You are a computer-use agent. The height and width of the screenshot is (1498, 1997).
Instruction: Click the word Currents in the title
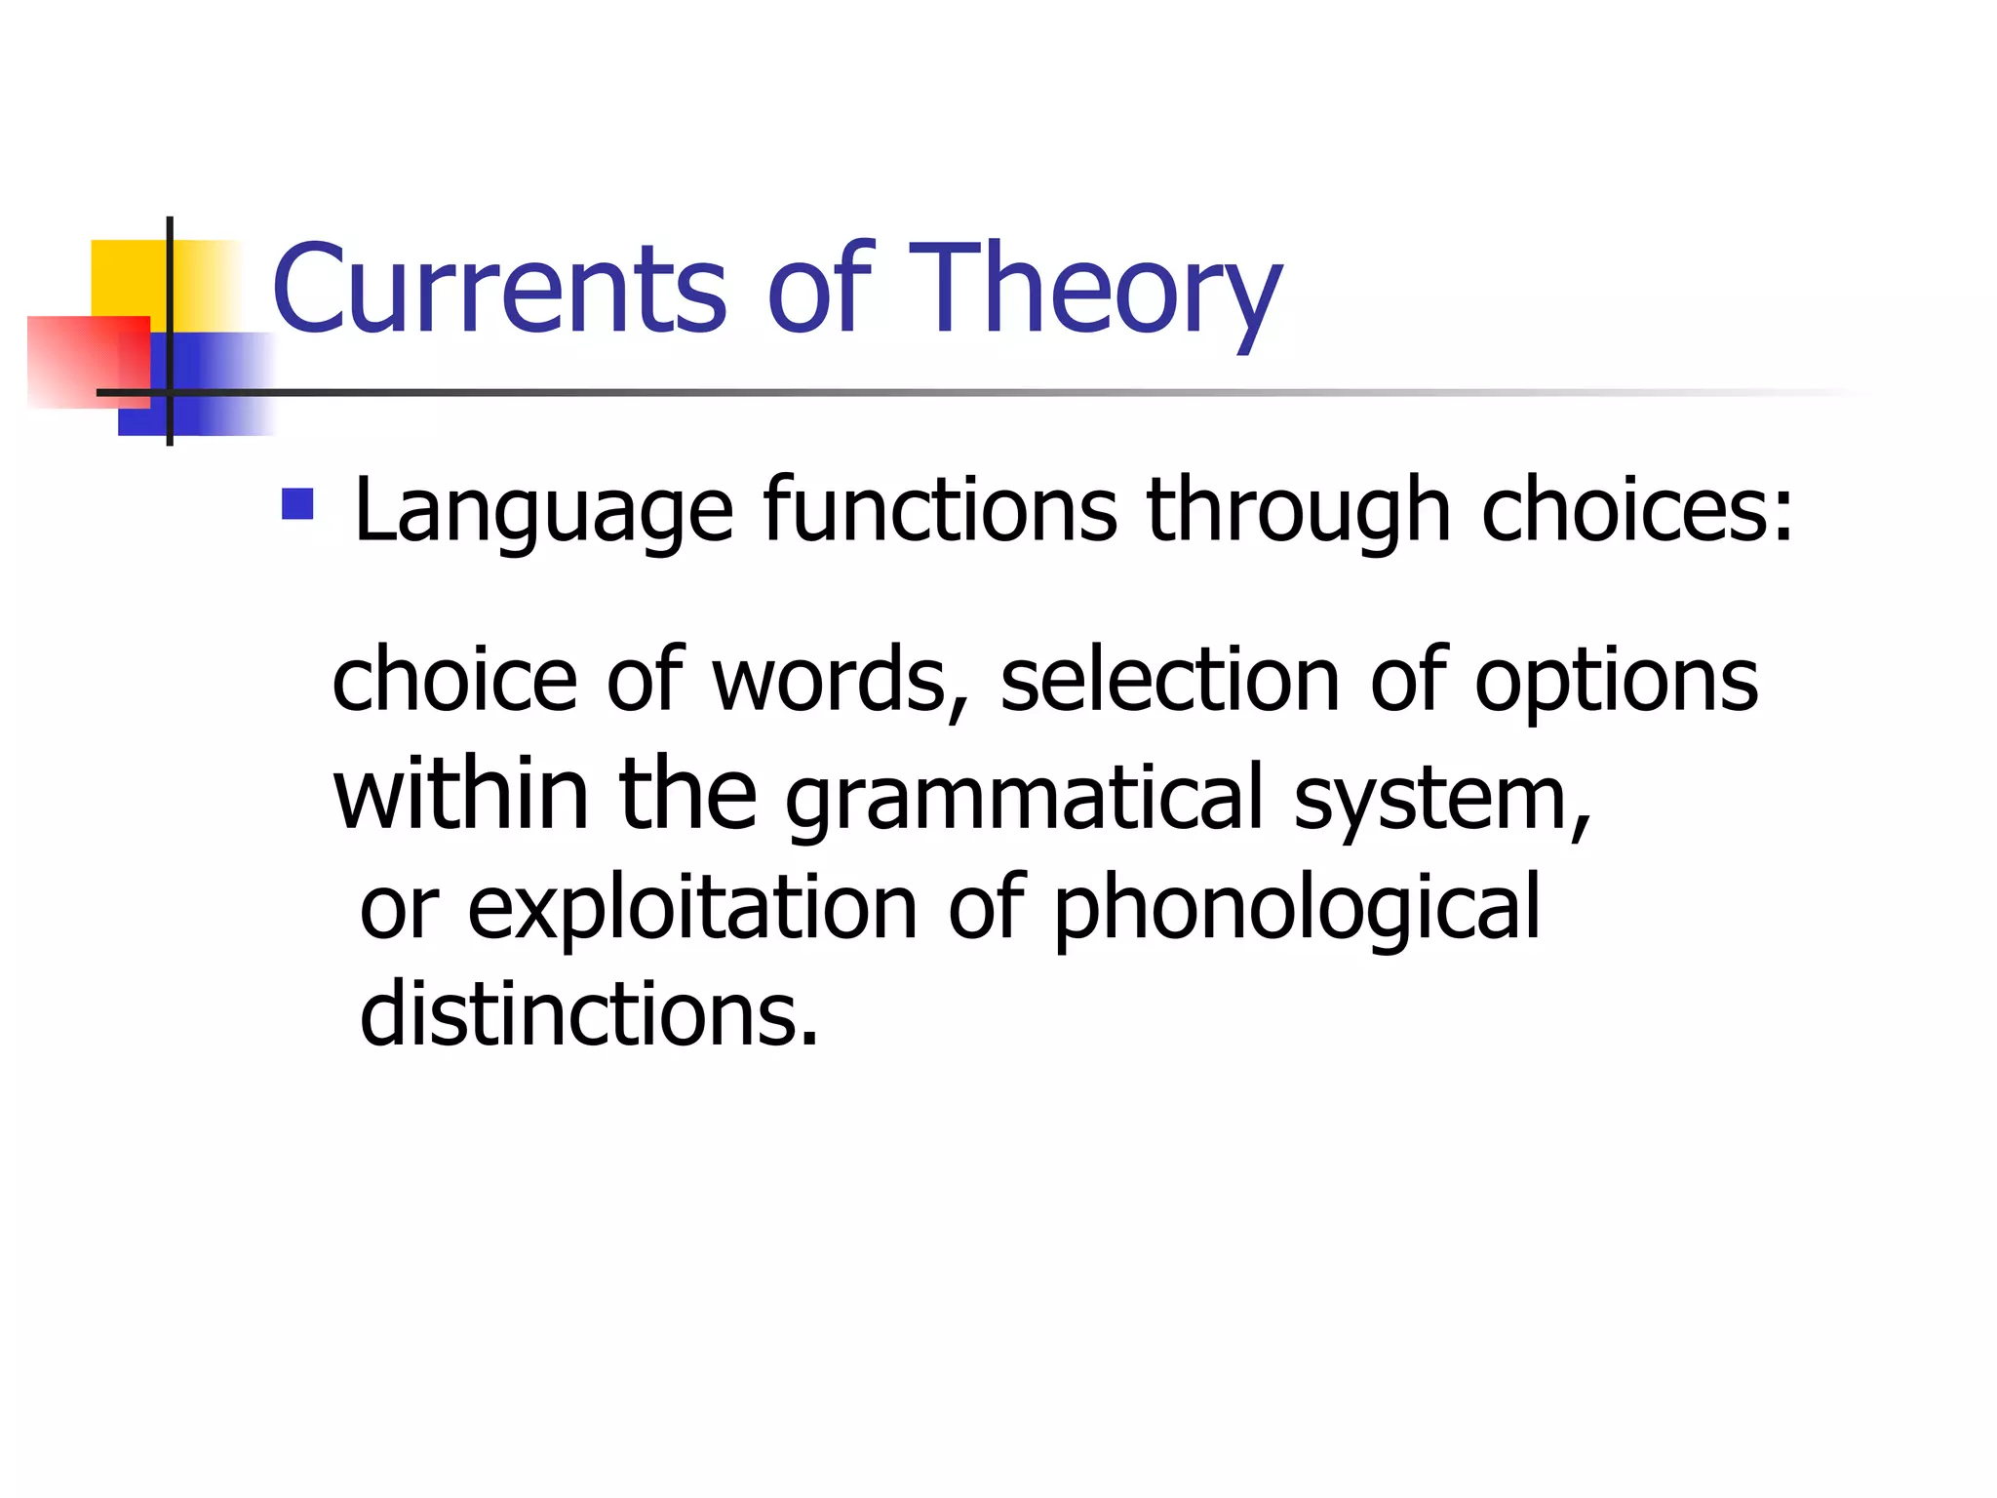(499, 289)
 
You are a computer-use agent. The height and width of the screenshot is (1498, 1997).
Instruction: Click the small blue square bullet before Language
(297, 504)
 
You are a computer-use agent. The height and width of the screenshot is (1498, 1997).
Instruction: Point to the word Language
(543, 512)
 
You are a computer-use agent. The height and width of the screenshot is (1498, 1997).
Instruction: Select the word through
(1299, 512)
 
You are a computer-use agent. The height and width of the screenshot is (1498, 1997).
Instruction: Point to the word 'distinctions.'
(589, 1014)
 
